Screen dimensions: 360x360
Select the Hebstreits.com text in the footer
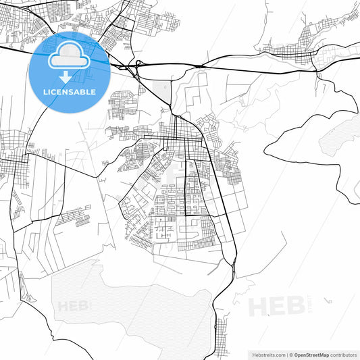tap(266, 354)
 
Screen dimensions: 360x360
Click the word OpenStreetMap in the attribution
tap(311, 354)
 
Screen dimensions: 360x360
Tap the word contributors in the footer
tap(344, 354)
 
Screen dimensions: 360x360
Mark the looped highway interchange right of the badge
tap(138, 68)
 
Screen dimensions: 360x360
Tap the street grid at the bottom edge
tap(222, 341)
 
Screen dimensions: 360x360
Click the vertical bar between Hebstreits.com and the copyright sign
tap(286, 354)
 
